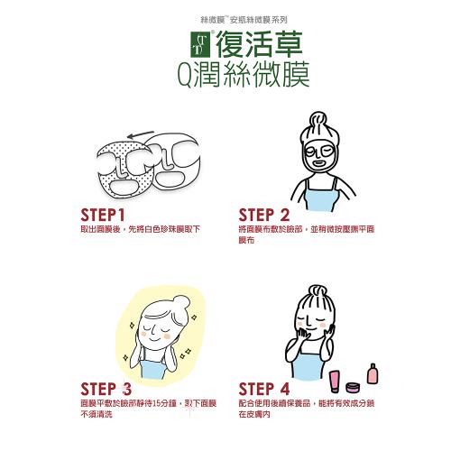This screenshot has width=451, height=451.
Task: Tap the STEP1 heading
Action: click(x=103, y=216)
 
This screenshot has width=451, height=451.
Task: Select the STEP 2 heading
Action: click(x=264, y=216)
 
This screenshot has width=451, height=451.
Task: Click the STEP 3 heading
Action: click(x=106, y=389)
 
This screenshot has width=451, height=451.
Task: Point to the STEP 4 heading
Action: click(x=264, y=389)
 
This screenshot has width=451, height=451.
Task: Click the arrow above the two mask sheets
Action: click(x=141, y=134)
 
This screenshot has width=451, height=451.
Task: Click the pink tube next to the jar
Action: click(x=335, y=382)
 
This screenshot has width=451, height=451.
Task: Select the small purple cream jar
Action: click(x=352, y=388)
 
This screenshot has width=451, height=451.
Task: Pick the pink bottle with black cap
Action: click(x=373, y=373)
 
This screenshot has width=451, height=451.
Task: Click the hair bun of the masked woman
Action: click(x=318, y=120)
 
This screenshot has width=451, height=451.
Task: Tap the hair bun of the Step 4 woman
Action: click(x=318, y=292)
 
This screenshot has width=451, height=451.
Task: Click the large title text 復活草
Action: click(x=259, y=44)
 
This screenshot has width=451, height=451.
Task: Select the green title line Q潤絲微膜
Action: click(x=244, y=75)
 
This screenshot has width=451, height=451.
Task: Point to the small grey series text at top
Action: click(x=244, y=20)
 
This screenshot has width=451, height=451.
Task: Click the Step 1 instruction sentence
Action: click(x=141, y=229)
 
